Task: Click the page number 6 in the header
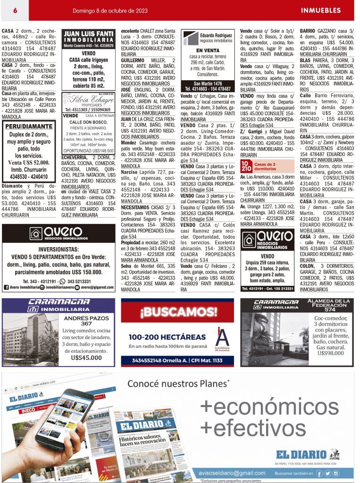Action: click(16, 10)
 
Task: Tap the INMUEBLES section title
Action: click(320, 10)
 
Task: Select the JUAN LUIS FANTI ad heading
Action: click(89, 34)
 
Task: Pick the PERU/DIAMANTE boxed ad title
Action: click(29, 126)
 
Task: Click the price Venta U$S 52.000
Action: click(29, 162)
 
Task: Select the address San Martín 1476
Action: click(208, 83)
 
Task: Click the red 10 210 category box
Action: click(246, 166)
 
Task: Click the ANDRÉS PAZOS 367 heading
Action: click(86, 320)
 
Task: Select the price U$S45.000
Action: click(87, 358)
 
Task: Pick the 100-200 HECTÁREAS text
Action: click(167, 337)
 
